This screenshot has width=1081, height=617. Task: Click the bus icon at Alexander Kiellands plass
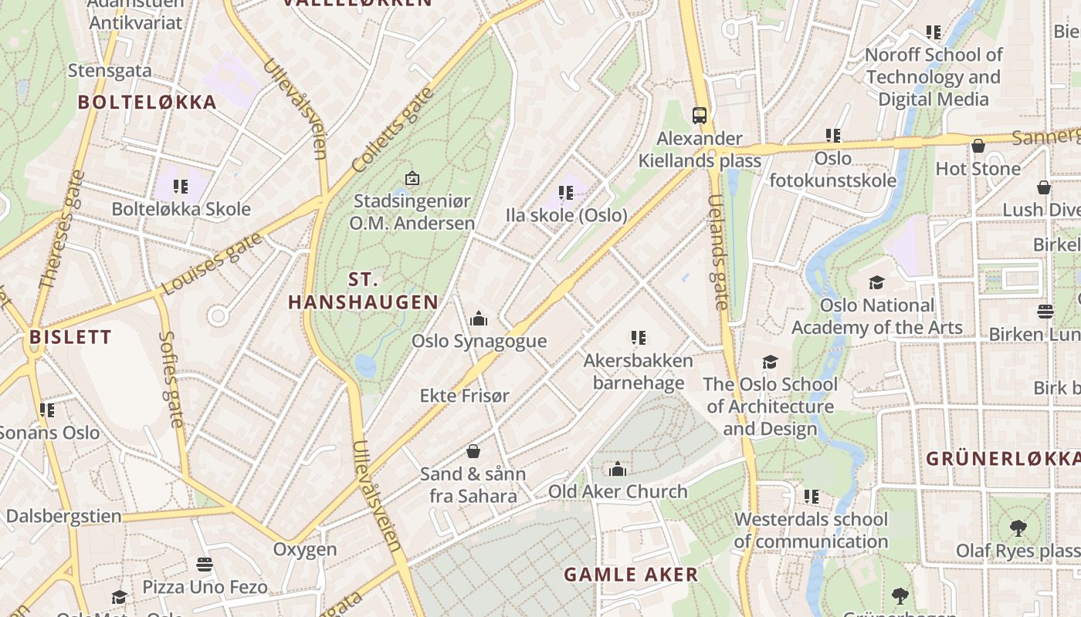pyautogui.click(x=700, y=116)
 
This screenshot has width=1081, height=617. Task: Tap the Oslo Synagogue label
pyautogui.click(x=479, y=341)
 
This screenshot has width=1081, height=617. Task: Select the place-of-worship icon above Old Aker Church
pyautogui.click(x=617, y=469)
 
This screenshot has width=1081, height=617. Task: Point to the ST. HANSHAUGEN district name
pyautogui.click(x=363, y=291)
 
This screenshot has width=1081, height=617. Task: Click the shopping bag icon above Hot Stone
pyautogui.click(x=978, y=146)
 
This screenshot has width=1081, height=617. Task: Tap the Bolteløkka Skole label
pyautogui.click(x=181, y=209)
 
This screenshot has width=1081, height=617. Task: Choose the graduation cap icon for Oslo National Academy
pyautogui.click(x=876, y=282)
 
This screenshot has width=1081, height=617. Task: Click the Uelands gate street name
pyautogui.click(x=718, y=251)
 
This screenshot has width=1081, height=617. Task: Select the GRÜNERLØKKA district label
pyautogui.click(x=1002, y=458)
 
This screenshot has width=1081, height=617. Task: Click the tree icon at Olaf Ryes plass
pyautogui.click(x=1018, y=528)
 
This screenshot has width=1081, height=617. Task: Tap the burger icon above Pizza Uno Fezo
pyautogui.click(x=205, y=565)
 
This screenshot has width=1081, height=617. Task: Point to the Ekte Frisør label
pyautogui.click(x=465, y=396)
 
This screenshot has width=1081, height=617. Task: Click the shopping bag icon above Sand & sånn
pyautogui.click(x=473, y=451)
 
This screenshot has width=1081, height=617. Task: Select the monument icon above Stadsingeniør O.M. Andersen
pyautogui.click(x=412, y=178)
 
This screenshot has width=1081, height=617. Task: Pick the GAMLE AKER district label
pyautogui.click(x=631, y=575)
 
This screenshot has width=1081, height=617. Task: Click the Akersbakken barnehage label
pyautogui.click(x=638, y=372)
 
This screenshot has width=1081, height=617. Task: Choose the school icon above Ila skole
pyautogui.click(x=566, y=192)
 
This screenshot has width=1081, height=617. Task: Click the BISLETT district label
pyautogui.click(x=70, y=337)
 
